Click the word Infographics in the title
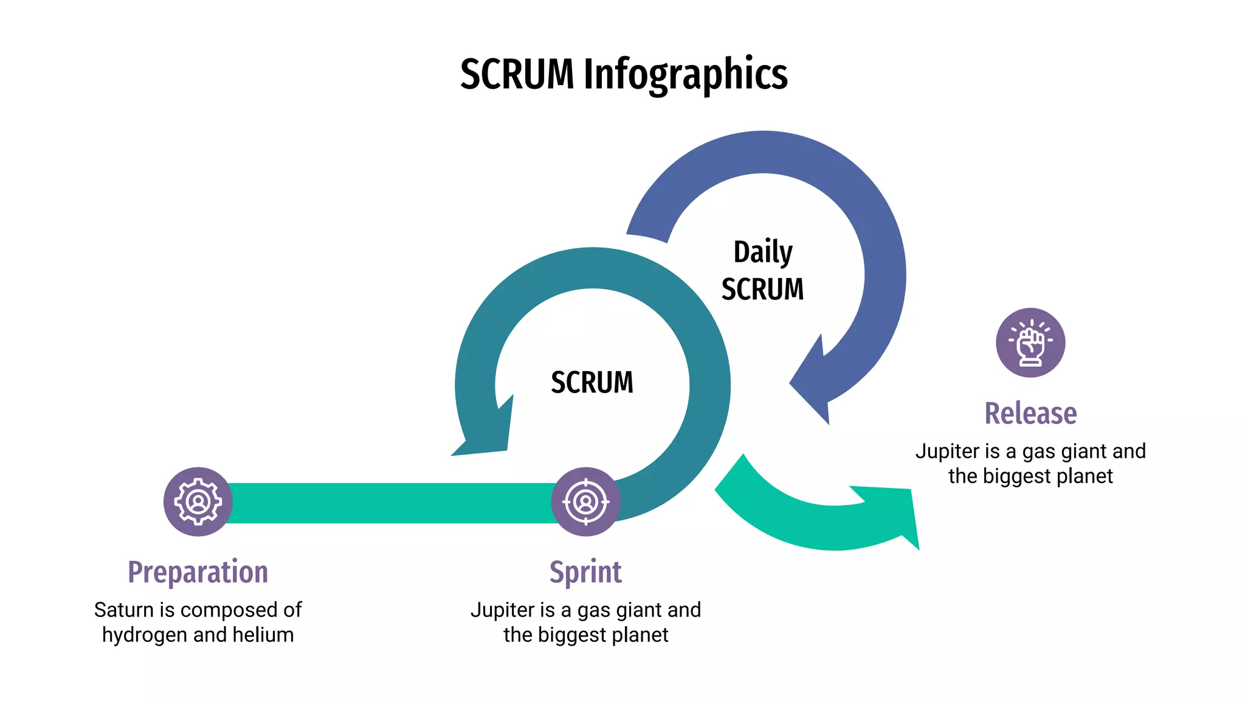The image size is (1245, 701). [685, 74]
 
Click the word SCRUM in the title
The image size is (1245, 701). [516, 74]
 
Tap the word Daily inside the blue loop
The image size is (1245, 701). [762, 251]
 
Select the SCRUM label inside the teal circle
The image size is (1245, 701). [591, 383]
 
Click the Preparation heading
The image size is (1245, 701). [198, 572]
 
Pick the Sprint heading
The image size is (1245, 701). [585, 572]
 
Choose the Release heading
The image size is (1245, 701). [1030, 413]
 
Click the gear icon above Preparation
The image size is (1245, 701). [198, 501]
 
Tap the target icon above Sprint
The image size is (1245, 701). [585, 501]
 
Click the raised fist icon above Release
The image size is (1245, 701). [1030, 343]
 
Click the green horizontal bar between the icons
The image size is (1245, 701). [389, 503]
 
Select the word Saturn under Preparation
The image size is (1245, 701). [123, 610]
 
